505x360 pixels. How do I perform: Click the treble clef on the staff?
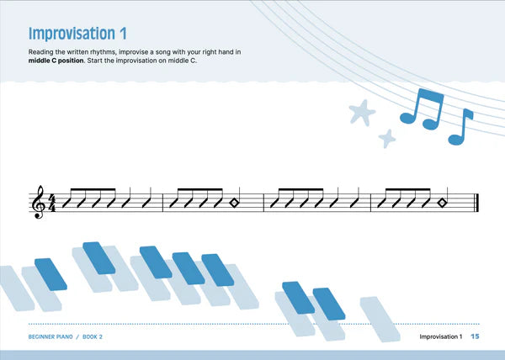(37, 203)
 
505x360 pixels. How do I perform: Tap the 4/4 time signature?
(50, 203)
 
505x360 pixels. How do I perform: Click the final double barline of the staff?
(477, 203)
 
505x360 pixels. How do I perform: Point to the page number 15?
(475, 337)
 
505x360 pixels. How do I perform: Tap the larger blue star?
(362, 110)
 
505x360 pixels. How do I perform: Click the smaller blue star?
(387, 138)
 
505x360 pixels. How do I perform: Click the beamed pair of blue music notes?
(421, 109)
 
